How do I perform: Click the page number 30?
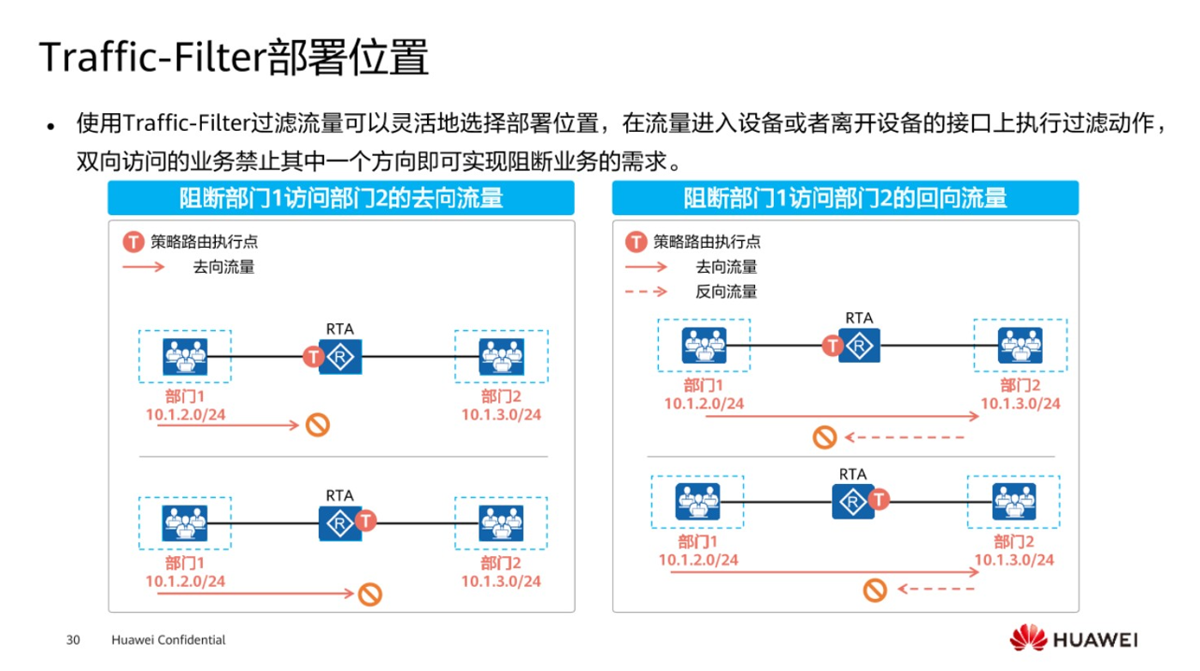pyautogui.click(x=73, y=640)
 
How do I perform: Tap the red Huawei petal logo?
pyautogui.click(x=1027, y=638)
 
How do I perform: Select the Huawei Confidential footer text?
pyautogui.click(x=168, y=640)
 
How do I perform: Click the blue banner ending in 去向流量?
pyautogui.click(x=341, y=198)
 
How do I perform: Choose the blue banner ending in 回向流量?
pyautogui.click(x=845, y=198)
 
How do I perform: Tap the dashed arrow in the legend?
pyautogui.click(x=646, y=292)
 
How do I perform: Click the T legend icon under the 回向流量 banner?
pyautogui.click(x=636, y=242)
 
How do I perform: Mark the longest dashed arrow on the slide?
pyautogui.click(x=905, y=437)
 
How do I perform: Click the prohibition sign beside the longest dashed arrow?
pyautogui.click(x=824, y=437)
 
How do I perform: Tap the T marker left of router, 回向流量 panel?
pyautogui.click(x=832, y=346)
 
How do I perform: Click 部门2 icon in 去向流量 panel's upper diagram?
pyautogui.click(x=501, y=356)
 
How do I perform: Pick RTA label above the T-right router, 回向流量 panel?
pyautogui.click(x=853, y=474)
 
